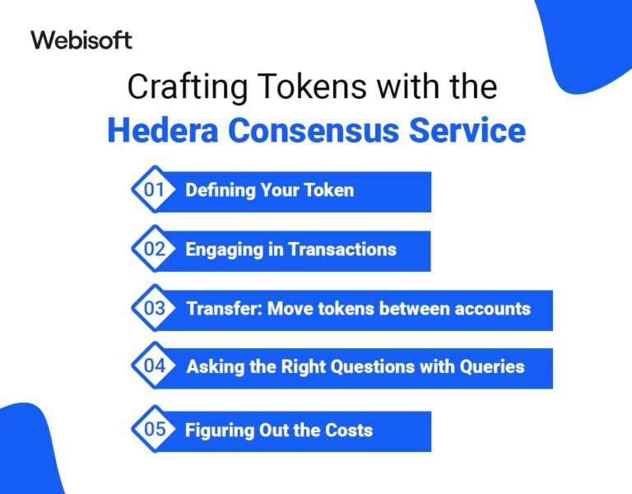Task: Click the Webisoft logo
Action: click(81, 40)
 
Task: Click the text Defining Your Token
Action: click(269, 190)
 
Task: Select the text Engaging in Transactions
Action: click(290, 249)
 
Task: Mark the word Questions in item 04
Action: click(353, 367)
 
